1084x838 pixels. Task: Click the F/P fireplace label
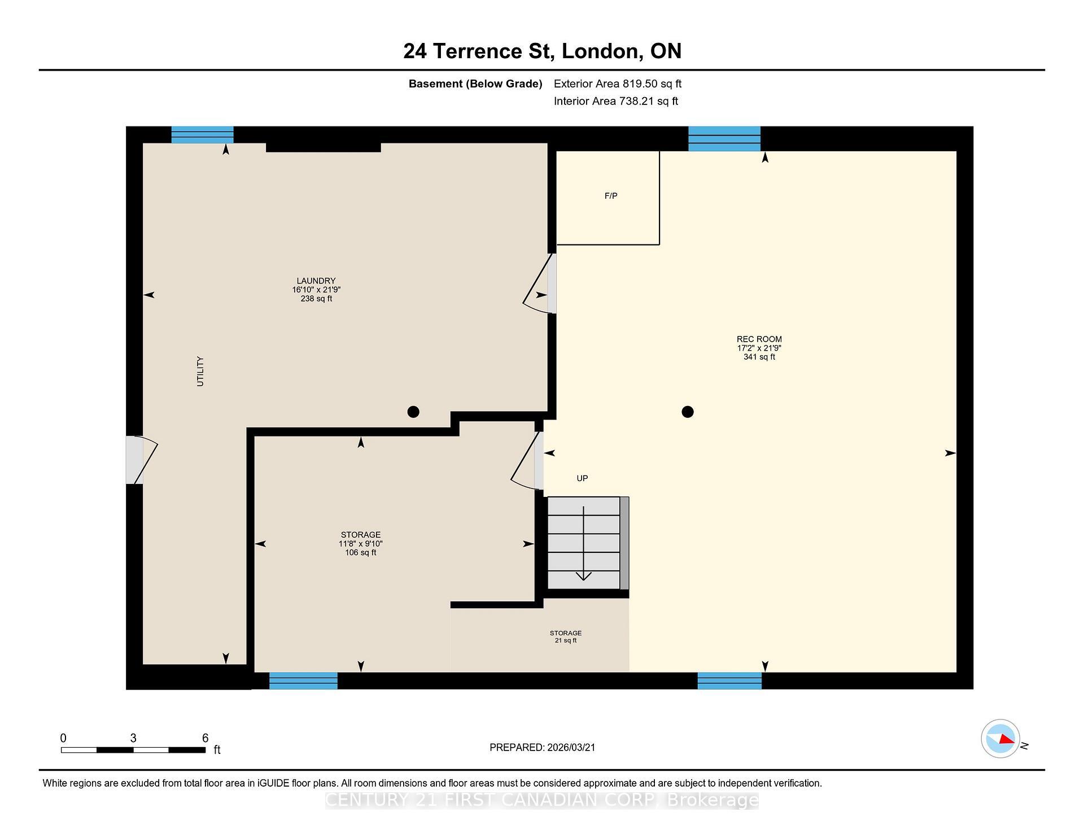pos(611,196)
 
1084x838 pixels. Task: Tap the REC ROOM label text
pos(759,339)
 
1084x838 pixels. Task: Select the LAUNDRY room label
pos(316,281)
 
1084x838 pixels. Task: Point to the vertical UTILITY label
pos(200,372)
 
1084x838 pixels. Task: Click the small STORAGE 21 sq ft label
pos(565,636)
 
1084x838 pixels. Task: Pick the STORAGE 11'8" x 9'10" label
pos(361,543)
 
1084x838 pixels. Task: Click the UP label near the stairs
pos(582,478)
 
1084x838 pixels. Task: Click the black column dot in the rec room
pos(687,412)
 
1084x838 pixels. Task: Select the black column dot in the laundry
pos(413,412)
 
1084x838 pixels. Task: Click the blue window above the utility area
pos(202,135)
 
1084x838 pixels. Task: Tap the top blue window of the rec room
pos(724,139)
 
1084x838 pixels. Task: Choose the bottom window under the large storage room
pos(303,680)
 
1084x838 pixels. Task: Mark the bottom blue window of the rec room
pos(729,680)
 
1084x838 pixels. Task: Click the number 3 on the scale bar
pos(133,738)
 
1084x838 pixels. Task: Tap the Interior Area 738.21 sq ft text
pos(615,101)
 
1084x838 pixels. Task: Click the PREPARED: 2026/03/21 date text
pos(542,747)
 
